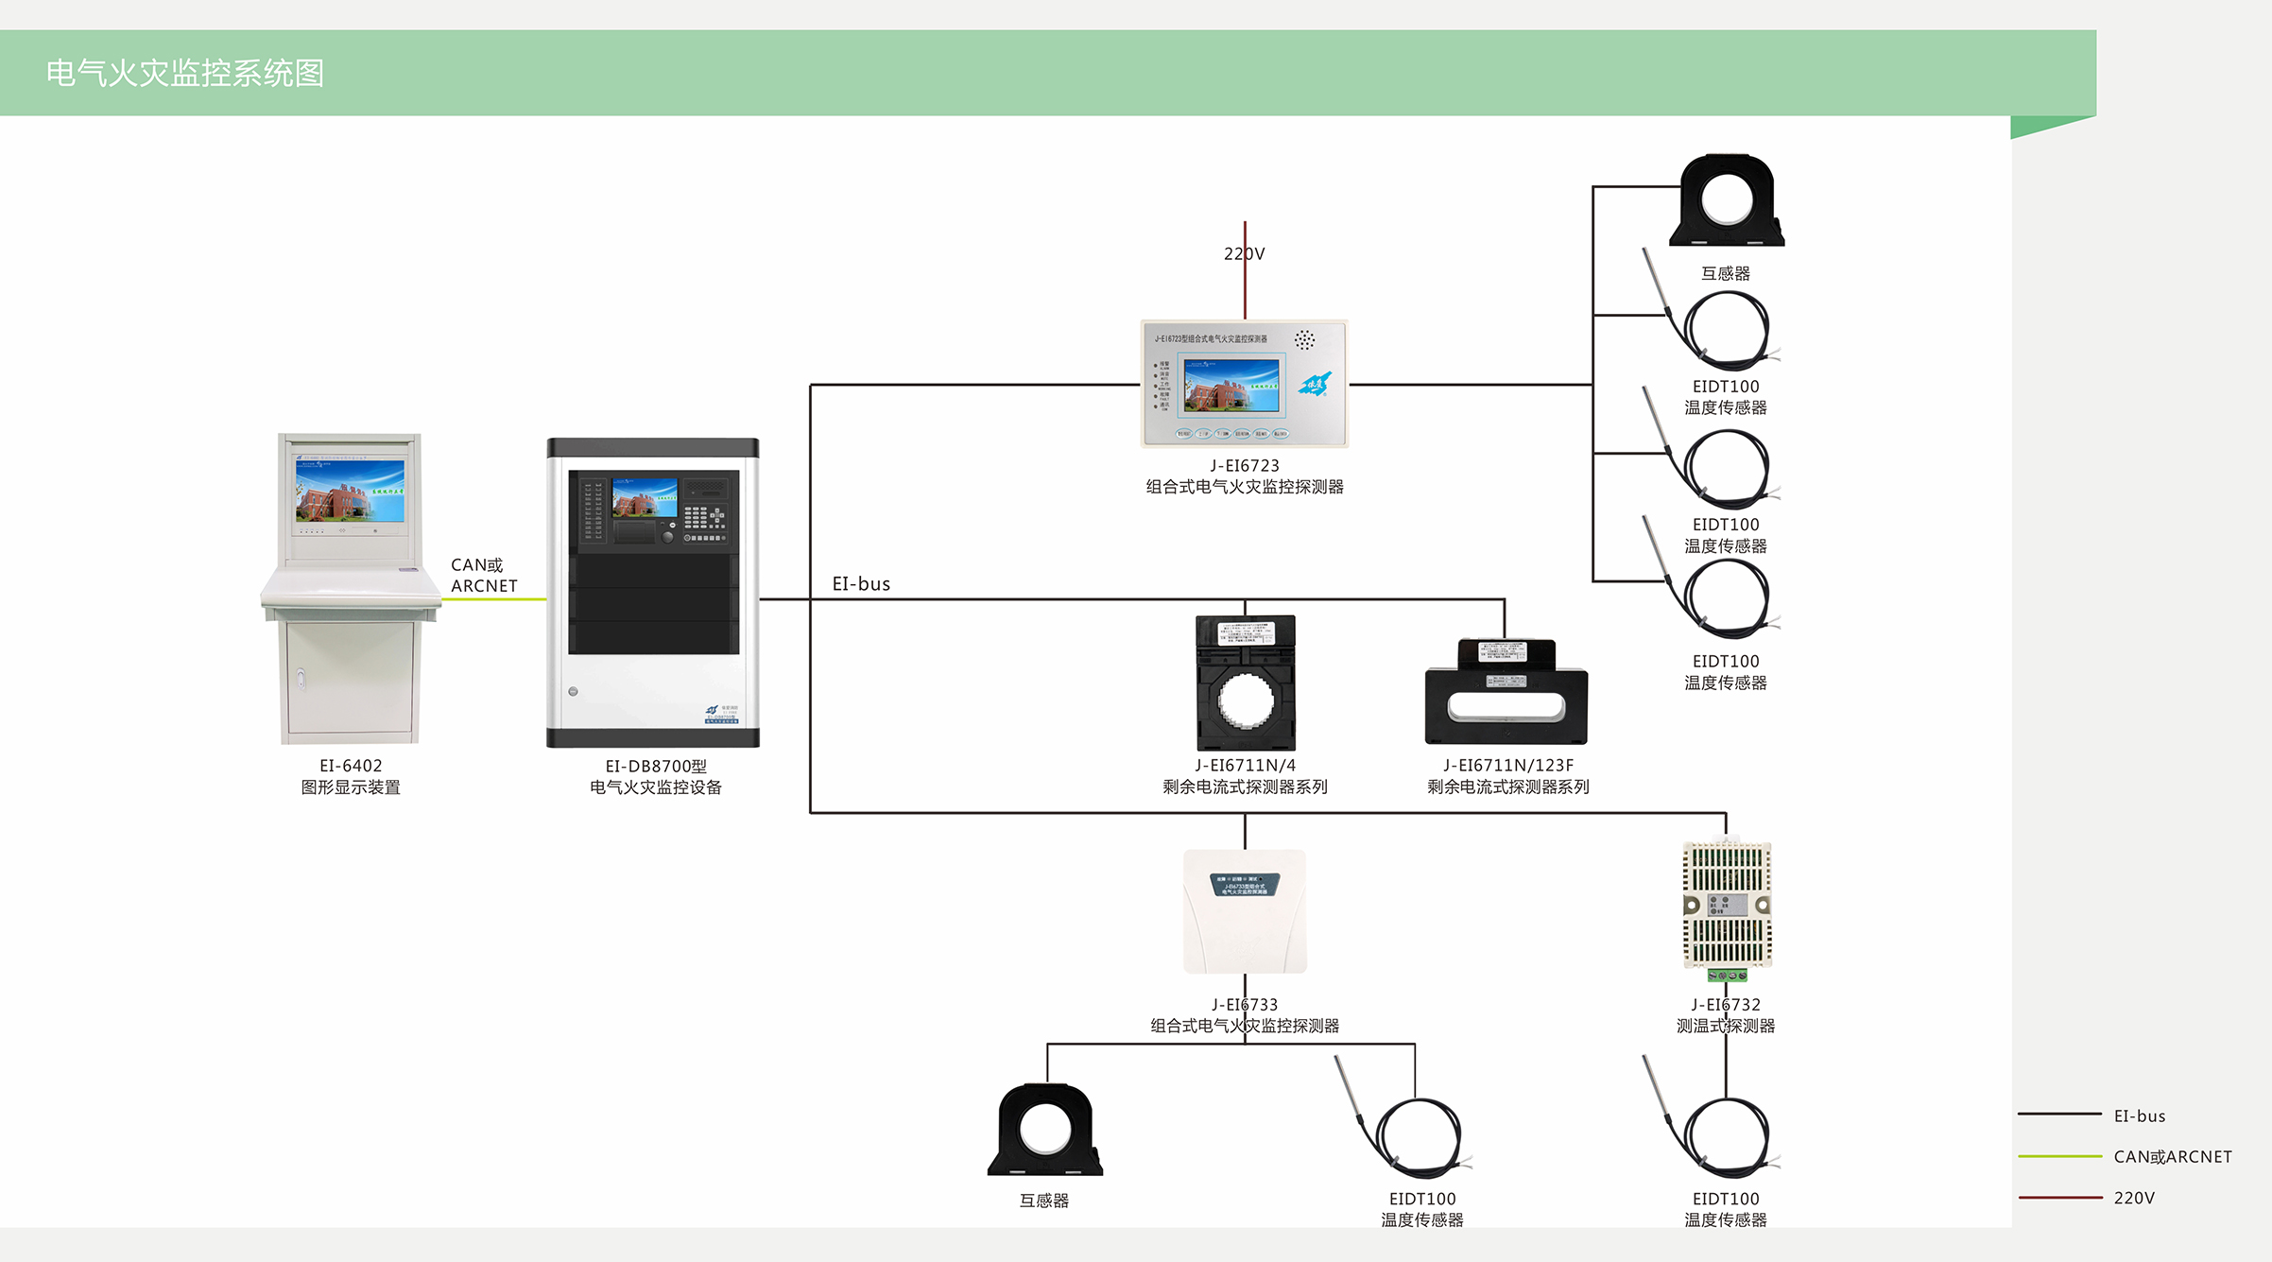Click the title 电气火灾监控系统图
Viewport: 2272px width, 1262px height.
point(185,73)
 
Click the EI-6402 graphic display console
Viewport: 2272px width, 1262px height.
point(350,588)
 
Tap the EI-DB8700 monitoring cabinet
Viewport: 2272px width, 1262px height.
point(653,593)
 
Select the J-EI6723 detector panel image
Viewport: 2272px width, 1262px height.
point(1245,384)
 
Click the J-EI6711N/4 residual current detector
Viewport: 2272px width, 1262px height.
point(1246,683)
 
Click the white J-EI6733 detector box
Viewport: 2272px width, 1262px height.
point(1245,911)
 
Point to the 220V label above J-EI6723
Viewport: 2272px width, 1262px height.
point(1245,253)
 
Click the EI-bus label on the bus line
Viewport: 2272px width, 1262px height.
point(861,584)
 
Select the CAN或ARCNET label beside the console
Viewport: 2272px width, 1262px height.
point(484,575)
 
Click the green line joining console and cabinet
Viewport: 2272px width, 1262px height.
point(493,599)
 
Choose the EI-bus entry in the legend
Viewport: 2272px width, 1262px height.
point(2140,1115)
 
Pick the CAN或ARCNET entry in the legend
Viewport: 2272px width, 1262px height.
point(2173,1156)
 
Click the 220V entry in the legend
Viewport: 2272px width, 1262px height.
point(2134,1198)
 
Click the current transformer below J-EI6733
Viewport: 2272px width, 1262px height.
point(1045,1131)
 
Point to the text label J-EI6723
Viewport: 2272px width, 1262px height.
point(1245,466)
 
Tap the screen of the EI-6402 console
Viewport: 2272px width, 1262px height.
point(350,491)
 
